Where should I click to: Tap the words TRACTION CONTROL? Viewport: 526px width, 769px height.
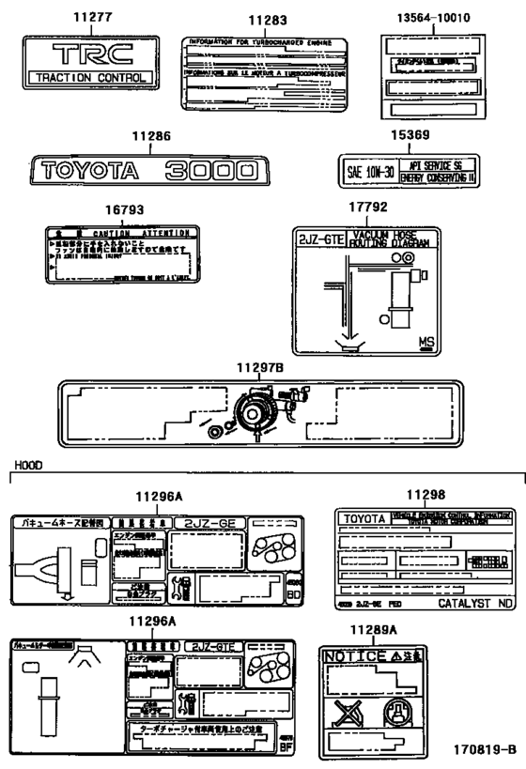click(x=90, y=77)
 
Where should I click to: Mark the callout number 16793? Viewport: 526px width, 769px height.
click(x=124, y=210)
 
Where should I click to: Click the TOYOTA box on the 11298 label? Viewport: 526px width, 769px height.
click(x=363, y=518)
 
